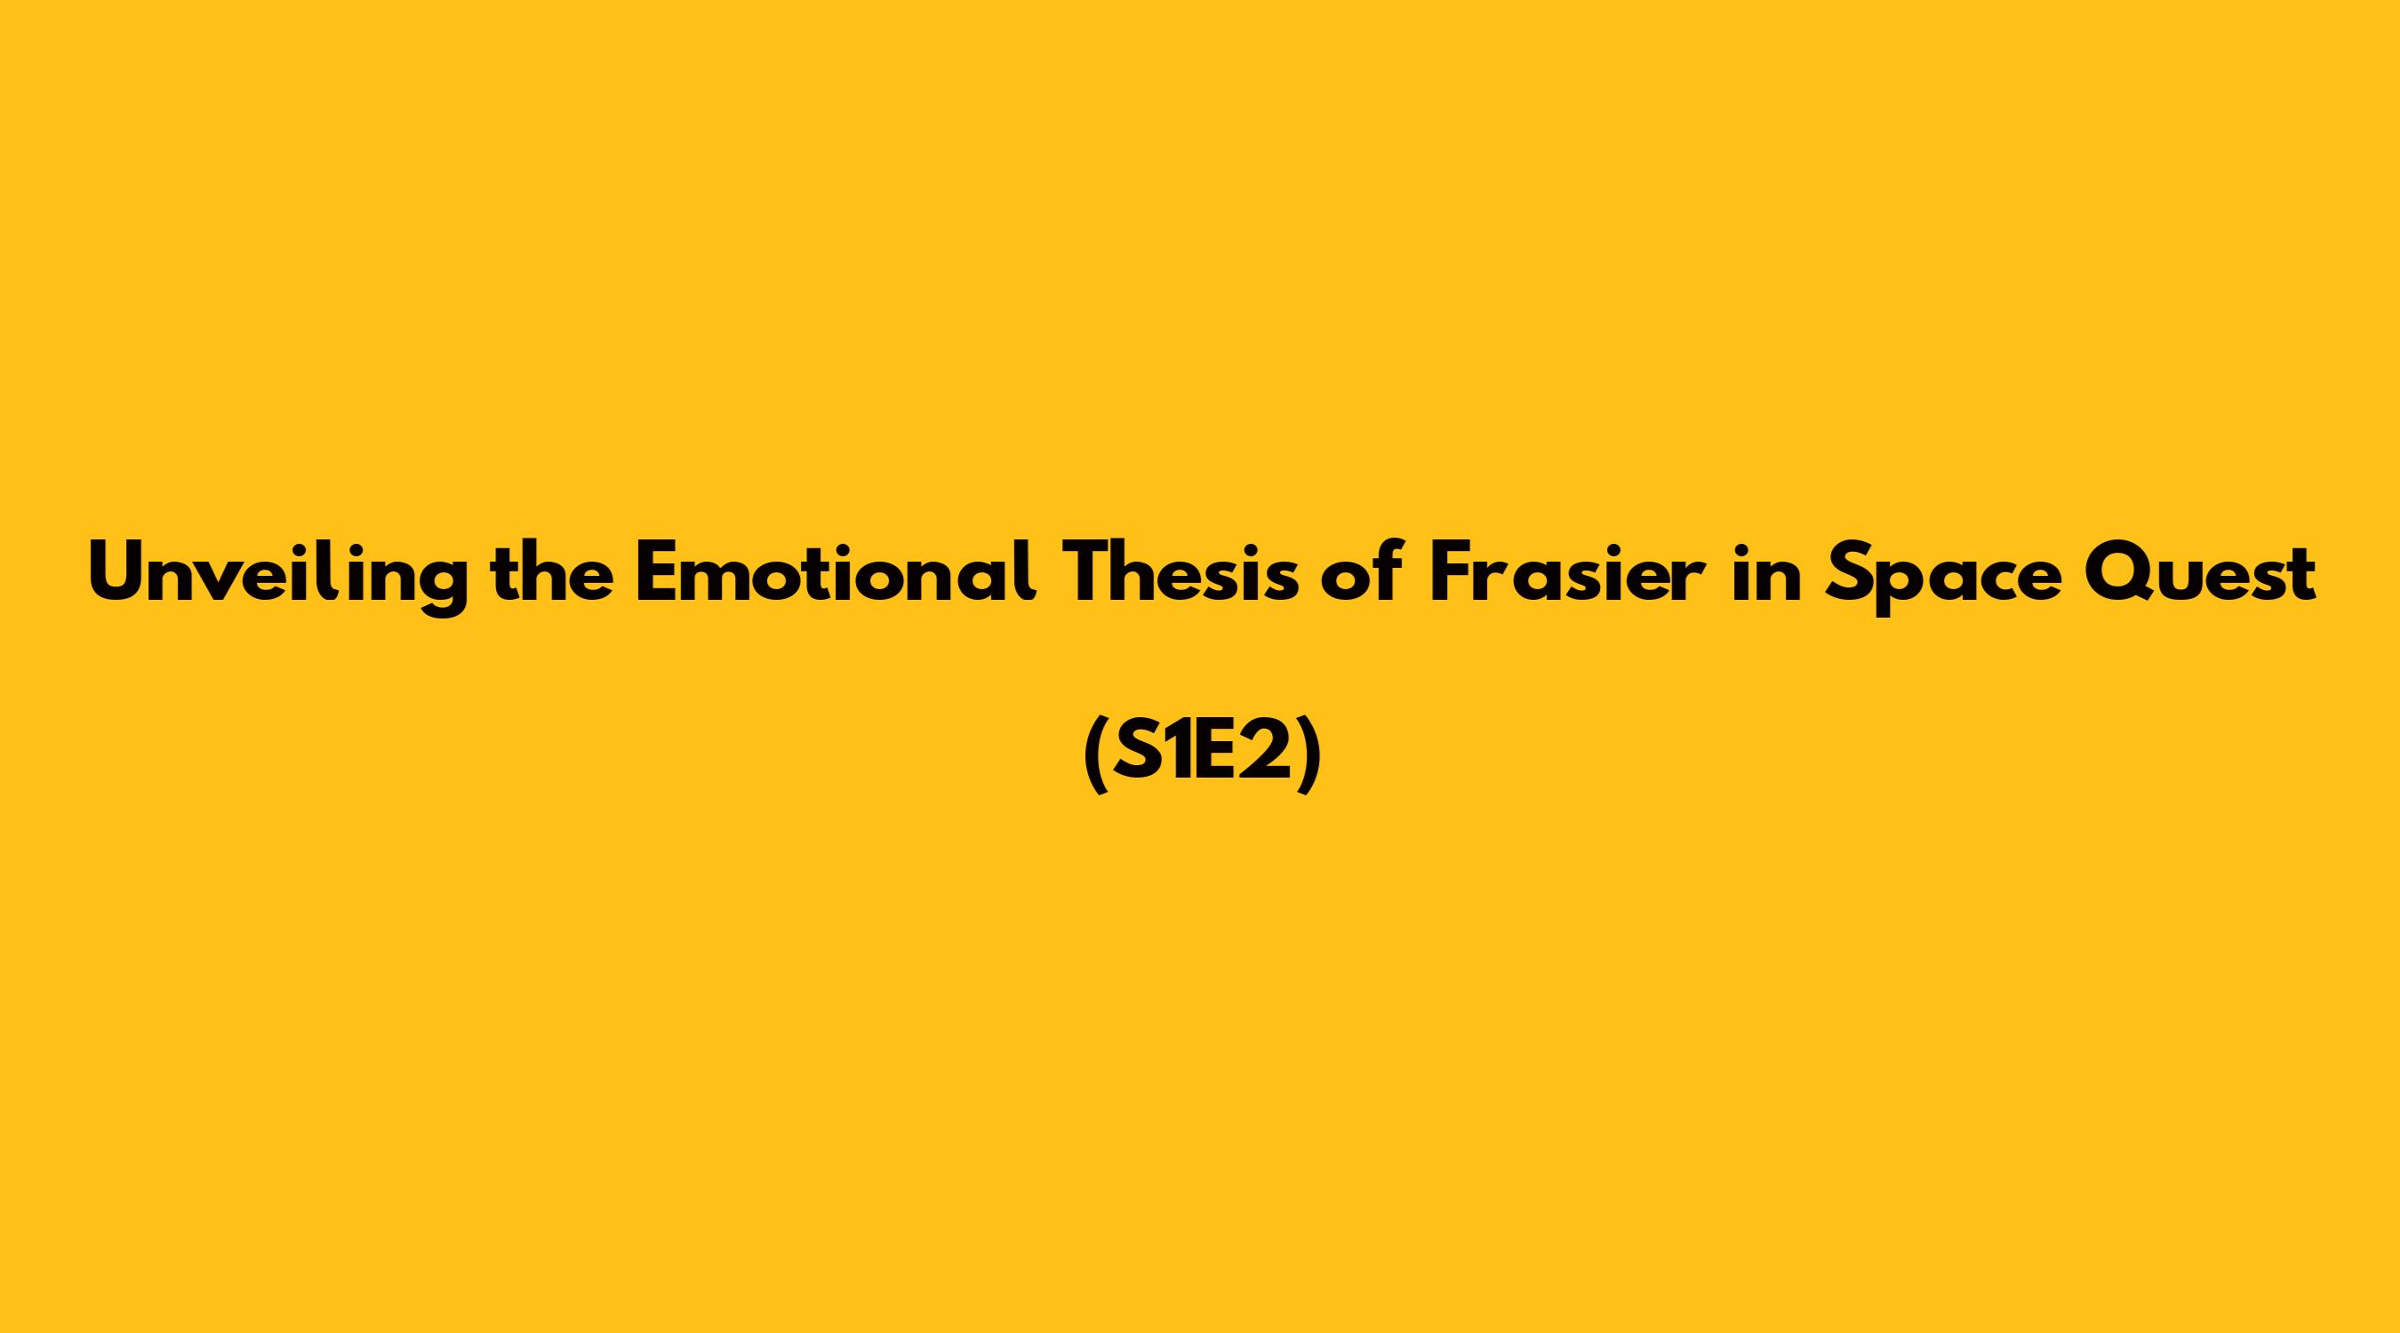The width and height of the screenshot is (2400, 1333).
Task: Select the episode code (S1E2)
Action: [x=1202, y=758]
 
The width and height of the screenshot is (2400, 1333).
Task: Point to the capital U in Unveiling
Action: [x=118, y=572]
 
